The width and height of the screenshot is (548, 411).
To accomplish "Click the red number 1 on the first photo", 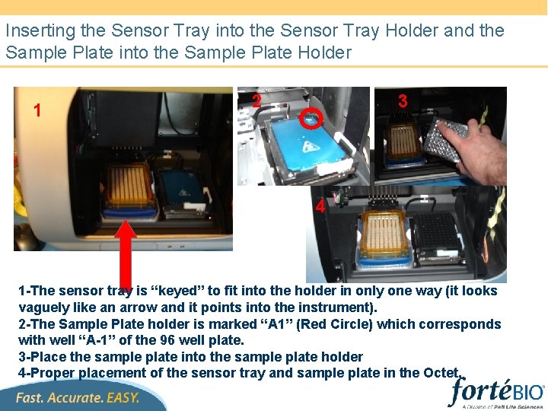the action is pyautogui.click(x=37, y=110).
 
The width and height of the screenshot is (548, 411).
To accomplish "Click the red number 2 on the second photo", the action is pyautogui.click(x=257, y=100).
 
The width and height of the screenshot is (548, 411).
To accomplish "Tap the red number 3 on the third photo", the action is pyautogui.click(x=403, y=100).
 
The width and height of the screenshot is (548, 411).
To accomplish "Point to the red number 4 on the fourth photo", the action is pyautogui.click(x=320, y=205).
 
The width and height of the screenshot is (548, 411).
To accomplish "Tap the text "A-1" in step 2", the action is pyautogui.click(x=94, y=339).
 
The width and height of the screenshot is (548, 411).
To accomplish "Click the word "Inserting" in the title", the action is pyautogui.click(x=40, y=31).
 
